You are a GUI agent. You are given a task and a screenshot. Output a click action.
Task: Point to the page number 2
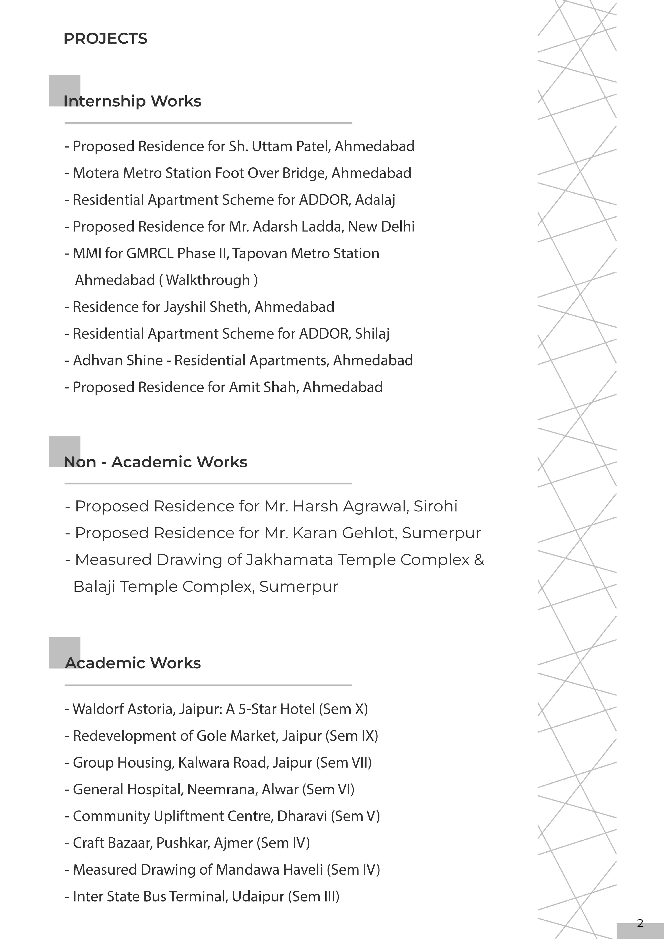click(x=640, y=923)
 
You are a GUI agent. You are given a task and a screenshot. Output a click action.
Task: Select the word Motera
click(x=96, y=173)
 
